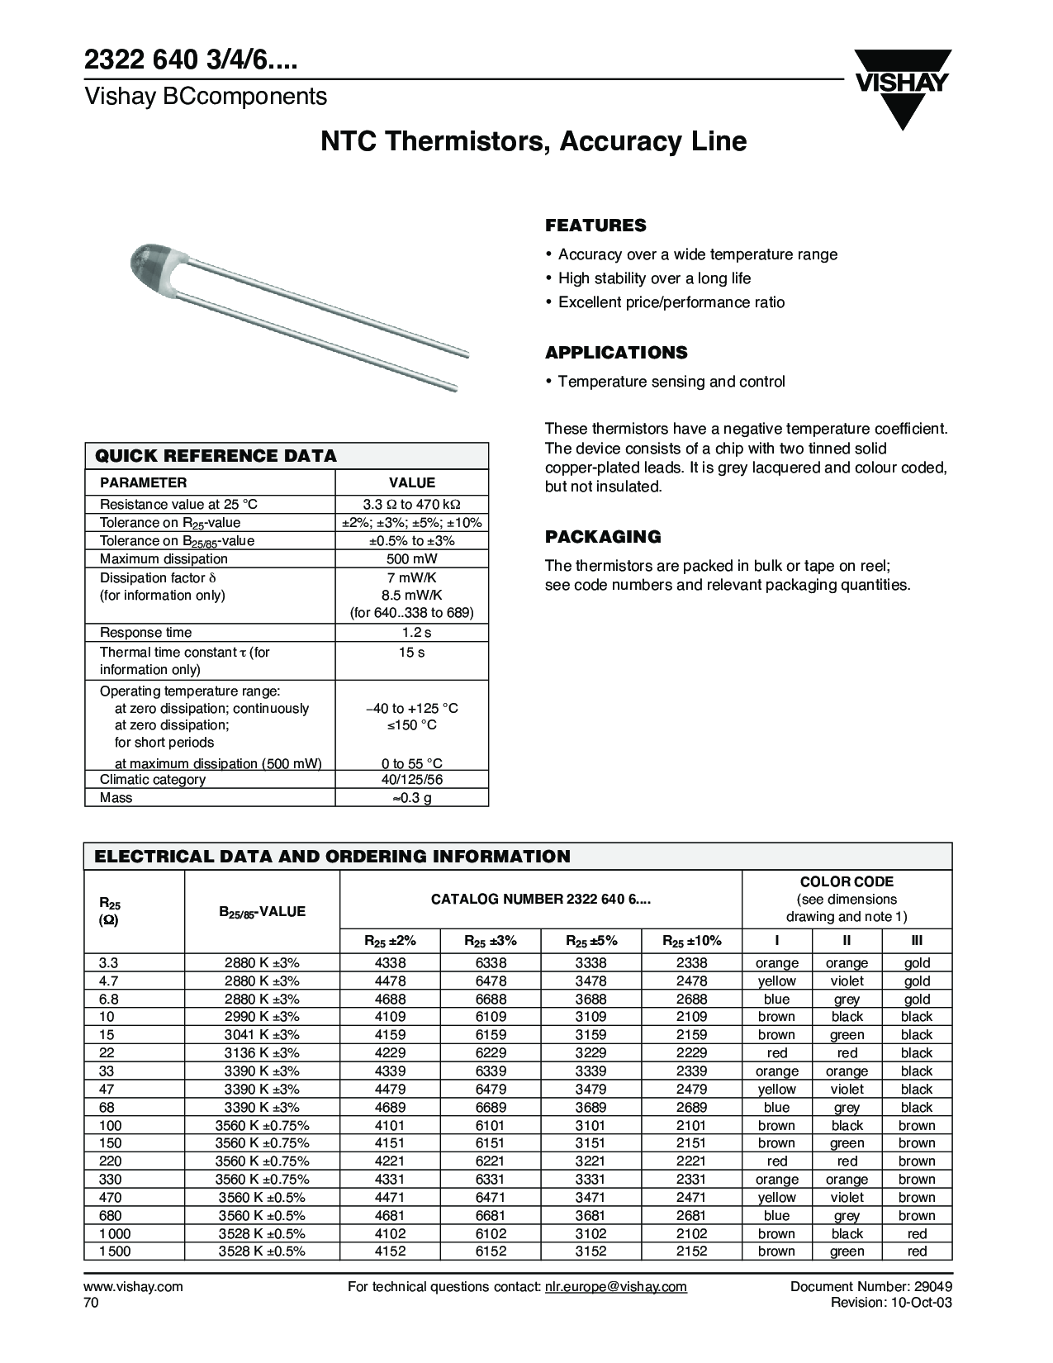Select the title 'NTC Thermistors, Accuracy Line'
534,141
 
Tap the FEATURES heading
595,226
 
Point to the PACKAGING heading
603,537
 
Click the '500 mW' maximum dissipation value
411,559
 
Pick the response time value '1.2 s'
411,633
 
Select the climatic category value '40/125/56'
411,780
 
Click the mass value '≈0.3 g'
411,798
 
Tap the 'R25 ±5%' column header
591,941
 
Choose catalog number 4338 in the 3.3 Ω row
390,963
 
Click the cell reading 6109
491,1017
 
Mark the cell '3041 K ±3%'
262,1035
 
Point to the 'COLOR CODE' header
847,882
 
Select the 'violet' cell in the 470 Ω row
847,1198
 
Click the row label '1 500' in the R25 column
115,1251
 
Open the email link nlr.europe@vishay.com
615,1287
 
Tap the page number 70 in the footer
91,1303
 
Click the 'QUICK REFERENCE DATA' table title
216,456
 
